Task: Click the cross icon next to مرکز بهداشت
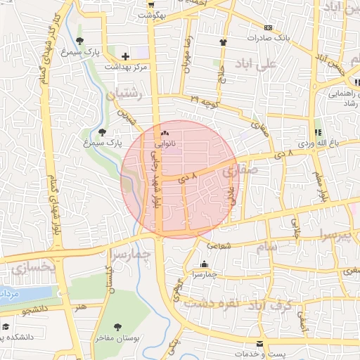(125, 56)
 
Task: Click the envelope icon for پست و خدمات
(260, 343)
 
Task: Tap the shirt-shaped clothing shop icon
(223, 41)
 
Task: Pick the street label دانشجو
(35, 309)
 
